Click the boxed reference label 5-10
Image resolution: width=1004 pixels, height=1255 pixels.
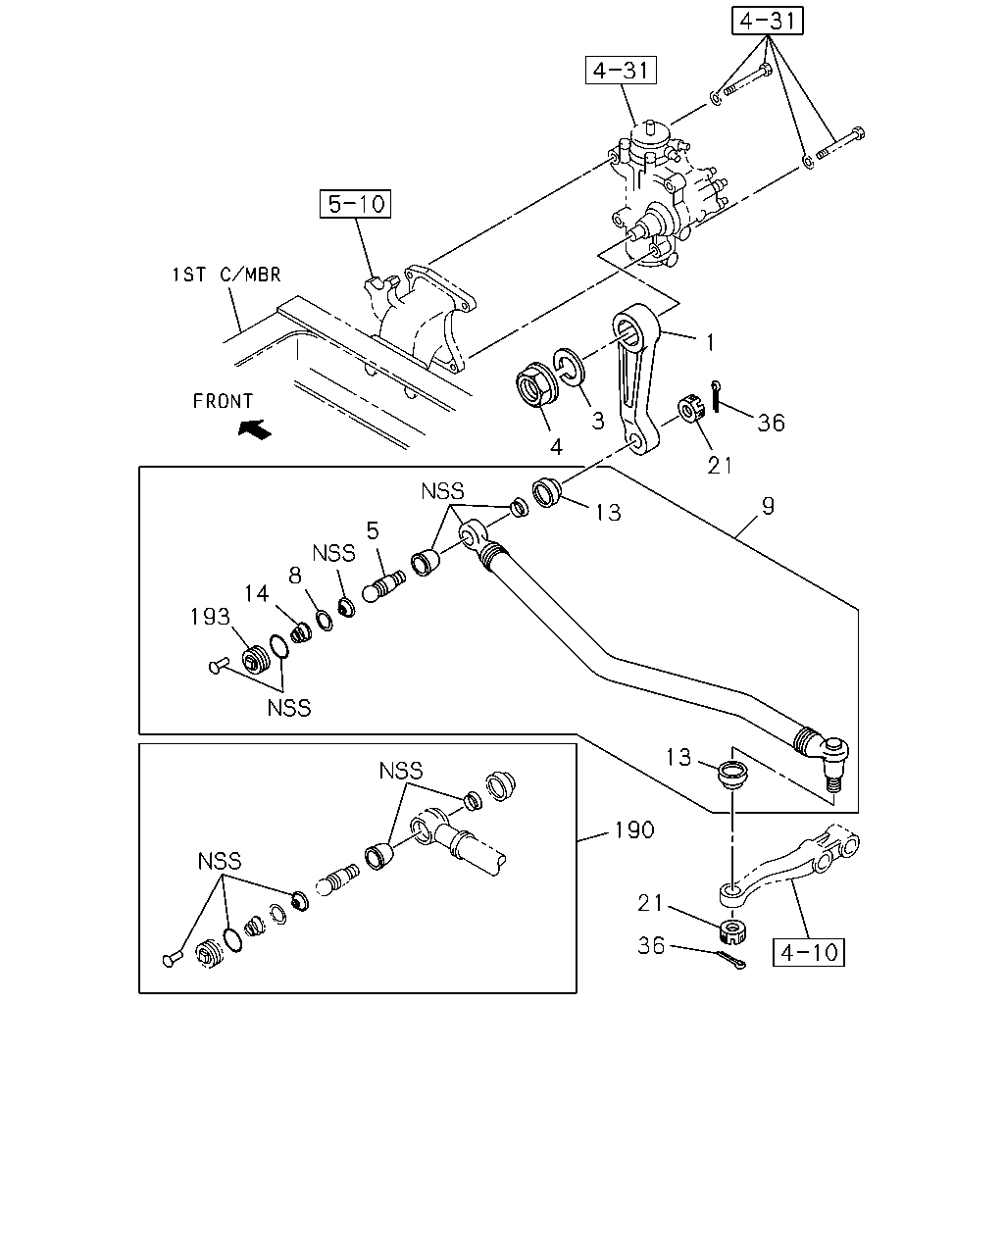tap(355, 204)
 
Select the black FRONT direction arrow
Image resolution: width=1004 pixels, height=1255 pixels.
tap(255, 429)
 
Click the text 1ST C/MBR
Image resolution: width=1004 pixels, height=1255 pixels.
tap(226, 275)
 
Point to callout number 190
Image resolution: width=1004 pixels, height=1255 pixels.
tap(634, 829)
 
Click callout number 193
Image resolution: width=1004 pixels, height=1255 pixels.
tap(210, 617)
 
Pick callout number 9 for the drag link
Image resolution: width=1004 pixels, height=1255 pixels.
tap(768, 506)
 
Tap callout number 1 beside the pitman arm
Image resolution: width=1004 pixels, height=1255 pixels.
tap(710, 342)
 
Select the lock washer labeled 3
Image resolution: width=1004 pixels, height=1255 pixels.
tap(569, 368)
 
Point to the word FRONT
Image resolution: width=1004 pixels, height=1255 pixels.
tap(223, 401)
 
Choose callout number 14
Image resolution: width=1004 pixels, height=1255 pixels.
tap(256, 593)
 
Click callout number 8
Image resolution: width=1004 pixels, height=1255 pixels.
tap(295, 576)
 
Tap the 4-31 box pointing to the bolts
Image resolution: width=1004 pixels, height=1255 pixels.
tap(767, 21)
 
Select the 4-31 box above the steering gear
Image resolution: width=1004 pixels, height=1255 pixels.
tap(621, 70)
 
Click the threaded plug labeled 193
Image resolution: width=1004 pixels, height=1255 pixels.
tap(256, 660)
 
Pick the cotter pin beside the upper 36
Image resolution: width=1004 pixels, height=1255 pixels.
tap(716, 396)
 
